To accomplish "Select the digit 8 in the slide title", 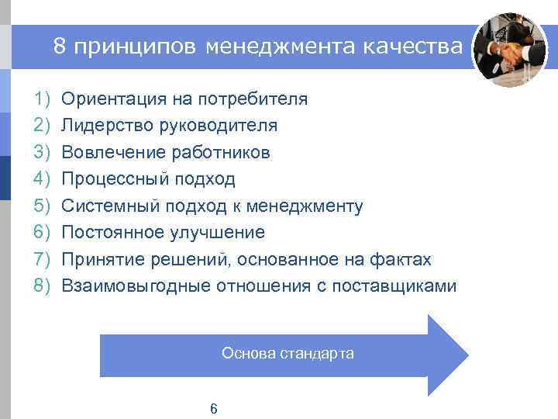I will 60,47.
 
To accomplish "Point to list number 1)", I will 42,99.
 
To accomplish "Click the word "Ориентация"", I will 107,99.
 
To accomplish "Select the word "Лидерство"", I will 101,126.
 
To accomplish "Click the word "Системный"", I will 102,206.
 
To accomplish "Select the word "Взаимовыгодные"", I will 136,286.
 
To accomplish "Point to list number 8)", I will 42,286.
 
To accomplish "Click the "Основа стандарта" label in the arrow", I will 288,354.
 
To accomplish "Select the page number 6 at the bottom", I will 214,409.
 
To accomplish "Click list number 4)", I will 42,179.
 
